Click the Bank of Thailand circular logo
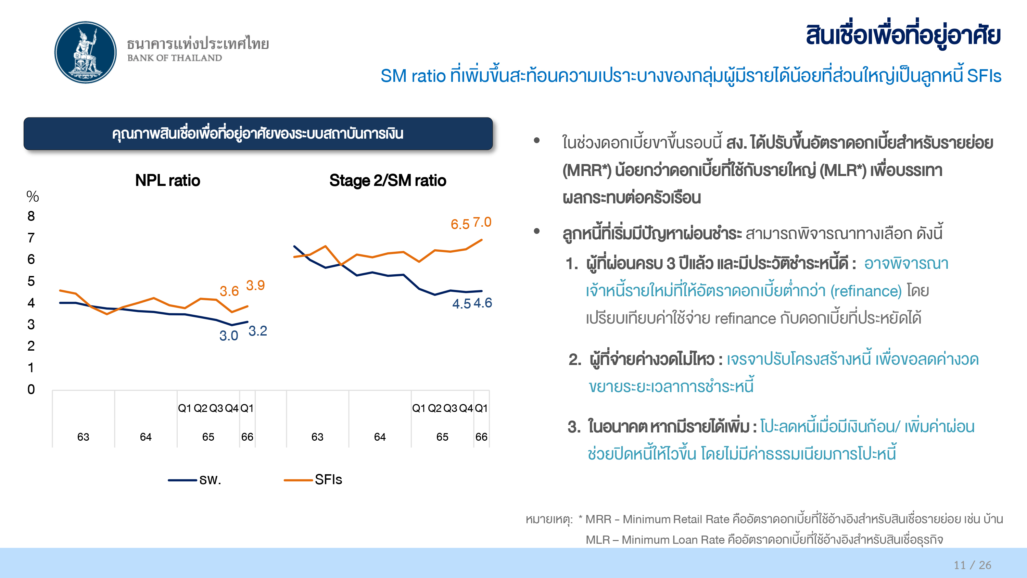(x=85, y=52)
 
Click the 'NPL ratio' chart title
(x=167, y=180)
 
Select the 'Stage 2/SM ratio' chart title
(x=388, y=181)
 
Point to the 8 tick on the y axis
(x=31, y=216)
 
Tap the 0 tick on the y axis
(x=31, y=389)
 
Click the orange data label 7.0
(x=482, y=222)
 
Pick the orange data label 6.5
(x=460, y=224)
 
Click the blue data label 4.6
(x=483, y=303)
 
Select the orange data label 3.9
(x=255, y=285)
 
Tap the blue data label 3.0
(x=229, y=336)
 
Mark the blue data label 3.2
(x=257, y=331)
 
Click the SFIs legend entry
(x=313, y=479)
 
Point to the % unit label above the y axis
(x=33, y=196)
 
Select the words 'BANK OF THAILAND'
(x=175, y=58)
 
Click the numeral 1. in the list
(x=572, y=264)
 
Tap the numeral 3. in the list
(x=574, y=427)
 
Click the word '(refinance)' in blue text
(x=866, y=291)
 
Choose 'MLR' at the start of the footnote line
(x=598, y=540)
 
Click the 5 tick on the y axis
(x=31, y=281)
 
